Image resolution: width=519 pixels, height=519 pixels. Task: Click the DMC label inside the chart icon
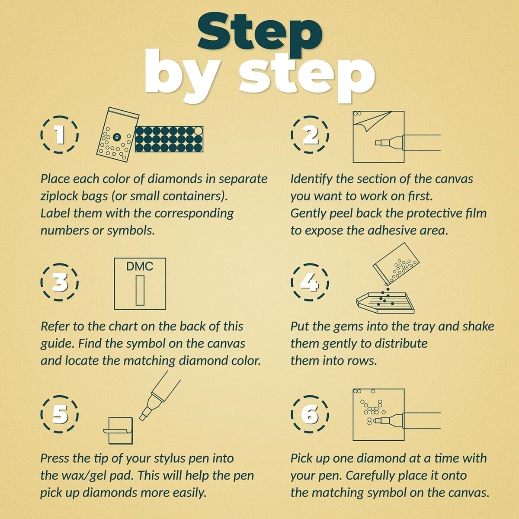[x=140, y=266]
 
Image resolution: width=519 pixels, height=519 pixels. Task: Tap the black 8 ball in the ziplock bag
[x=117, y=137]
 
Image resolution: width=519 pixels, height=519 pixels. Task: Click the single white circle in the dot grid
[x=198, y=131]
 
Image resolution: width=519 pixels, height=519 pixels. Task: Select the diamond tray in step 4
[x=385, y=303]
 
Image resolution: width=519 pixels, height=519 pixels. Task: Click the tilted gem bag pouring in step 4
[x=396, y=264]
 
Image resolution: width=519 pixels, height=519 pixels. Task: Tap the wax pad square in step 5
[x=121, y=430]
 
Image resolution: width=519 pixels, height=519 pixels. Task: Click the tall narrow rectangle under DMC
[x=140, y=290]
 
